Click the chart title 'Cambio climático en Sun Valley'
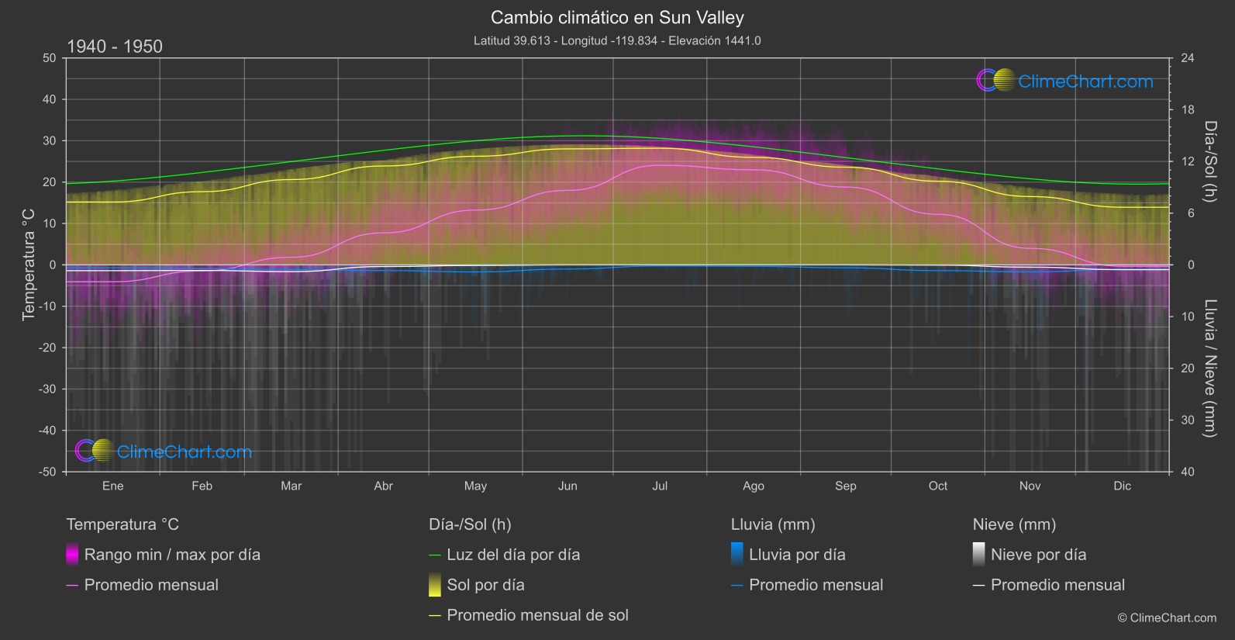tap(617, 18)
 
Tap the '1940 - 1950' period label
tap(115, 47)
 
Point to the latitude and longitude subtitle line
tap(617, 40)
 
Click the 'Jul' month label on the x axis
tap(660, 486)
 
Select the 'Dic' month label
tap(1122, 486)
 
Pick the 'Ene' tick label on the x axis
tap(113, 486)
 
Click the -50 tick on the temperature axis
tap(49, 472)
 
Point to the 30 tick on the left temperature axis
tap(50, 140)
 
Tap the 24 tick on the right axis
tap(1187, 58)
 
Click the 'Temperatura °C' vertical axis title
tap(29, 265)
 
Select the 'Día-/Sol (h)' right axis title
tap(1210, 161)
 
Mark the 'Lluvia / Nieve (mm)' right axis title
tap(1210, 368)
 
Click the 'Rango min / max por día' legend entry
tap(172, 555)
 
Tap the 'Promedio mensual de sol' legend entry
tap(537, 615)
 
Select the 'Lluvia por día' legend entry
tap(797, 555)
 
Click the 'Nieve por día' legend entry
tap(1038, 555)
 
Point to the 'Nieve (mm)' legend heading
tap(1014, 524)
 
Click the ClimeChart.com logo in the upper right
tap(1064, 81)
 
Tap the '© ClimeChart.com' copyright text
tap(1167, 618)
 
